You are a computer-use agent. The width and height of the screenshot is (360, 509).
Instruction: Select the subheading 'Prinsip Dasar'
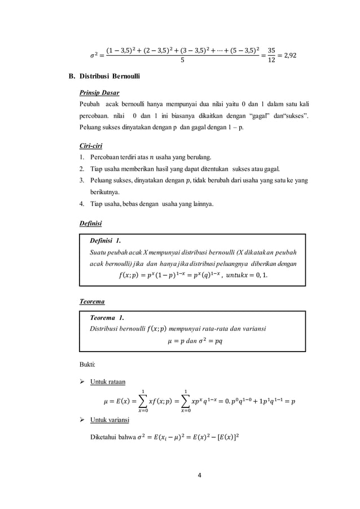click(99, 92)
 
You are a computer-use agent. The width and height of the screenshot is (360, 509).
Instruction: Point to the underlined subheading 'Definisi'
click(90, 223)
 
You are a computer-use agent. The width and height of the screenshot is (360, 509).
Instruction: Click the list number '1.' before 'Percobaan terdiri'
click(82, 157)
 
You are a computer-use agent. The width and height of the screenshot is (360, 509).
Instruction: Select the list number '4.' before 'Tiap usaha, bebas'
click(82, 203)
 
